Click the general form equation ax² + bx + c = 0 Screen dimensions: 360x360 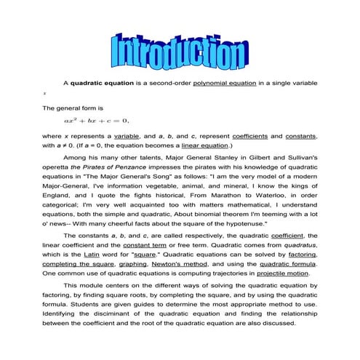[x=95, y=121]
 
